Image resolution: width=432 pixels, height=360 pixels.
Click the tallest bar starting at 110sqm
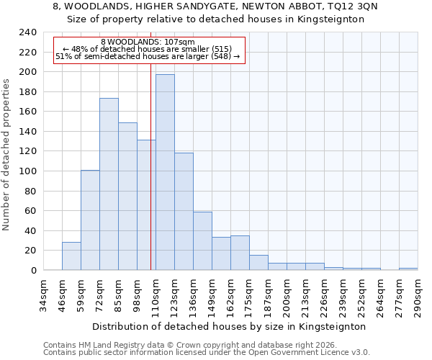[x=165, y=173]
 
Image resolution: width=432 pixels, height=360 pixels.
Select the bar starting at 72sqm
[x=109, y=184]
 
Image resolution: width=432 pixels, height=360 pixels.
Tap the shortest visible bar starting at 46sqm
[x=71, y=256]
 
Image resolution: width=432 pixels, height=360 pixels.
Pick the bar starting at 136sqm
[x=202, y=241]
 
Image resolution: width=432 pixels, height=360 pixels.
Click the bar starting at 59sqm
[x=90, y=220]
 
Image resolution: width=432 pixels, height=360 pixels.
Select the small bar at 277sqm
[x=408, y=269]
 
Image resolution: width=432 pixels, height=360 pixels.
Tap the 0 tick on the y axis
[x=33, y=271]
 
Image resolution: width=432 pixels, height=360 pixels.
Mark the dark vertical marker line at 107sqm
[x=150, y=180]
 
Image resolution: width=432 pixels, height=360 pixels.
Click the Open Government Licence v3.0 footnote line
[x=206, y=352]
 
